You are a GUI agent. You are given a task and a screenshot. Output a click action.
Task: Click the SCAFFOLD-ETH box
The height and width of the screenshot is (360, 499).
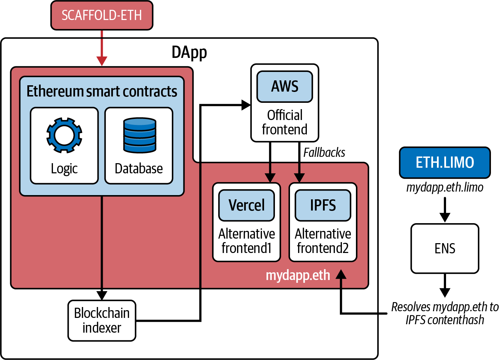(x=102, y=15)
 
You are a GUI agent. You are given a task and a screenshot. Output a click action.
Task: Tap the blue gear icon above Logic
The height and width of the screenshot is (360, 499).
(x=64, y=135)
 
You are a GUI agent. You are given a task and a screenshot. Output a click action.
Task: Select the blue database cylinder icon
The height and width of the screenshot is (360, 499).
(x=140, y=135)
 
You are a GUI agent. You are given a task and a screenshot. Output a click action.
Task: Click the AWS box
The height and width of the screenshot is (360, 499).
(x=285, y=87)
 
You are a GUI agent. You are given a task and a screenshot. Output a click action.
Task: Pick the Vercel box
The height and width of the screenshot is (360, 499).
(x=247, y=205)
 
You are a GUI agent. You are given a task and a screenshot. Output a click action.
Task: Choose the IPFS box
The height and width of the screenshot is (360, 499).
(x=323, y=205)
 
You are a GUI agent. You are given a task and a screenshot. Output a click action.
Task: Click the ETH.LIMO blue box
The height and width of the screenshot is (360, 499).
(x=445, y=162)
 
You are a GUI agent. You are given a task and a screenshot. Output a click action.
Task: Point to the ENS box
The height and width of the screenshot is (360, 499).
(x=445, y=248)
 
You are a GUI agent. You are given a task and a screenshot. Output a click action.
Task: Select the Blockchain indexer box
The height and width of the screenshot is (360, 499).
(x=102, y=320)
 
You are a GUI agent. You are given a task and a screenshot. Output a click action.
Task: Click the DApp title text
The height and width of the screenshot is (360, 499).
(x=189, y=53)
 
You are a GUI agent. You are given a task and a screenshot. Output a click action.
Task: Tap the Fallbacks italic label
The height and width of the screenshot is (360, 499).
(x=324, y=153)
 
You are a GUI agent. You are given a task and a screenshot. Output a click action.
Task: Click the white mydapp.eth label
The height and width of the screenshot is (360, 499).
(x=298, y=275)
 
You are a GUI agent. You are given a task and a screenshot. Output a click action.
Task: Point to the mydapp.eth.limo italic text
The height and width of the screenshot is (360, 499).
(x=445, y=187)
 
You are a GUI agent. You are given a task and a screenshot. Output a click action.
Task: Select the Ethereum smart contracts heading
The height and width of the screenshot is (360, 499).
(x=102, y=92)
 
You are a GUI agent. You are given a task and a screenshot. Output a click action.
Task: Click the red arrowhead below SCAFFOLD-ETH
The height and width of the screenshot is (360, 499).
(x=102, y=61)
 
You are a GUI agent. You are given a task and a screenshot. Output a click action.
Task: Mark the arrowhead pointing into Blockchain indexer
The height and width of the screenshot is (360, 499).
(x=102, y=295)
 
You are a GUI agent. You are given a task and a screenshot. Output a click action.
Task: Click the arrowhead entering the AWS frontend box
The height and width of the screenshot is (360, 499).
(x=246, y=105)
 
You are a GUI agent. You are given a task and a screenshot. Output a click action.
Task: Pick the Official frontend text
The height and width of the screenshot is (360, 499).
(x=285, y=122)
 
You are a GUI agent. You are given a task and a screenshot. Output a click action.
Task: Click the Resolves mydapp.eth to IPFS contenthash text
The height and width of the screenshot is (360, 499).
(x=445, y=313)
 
